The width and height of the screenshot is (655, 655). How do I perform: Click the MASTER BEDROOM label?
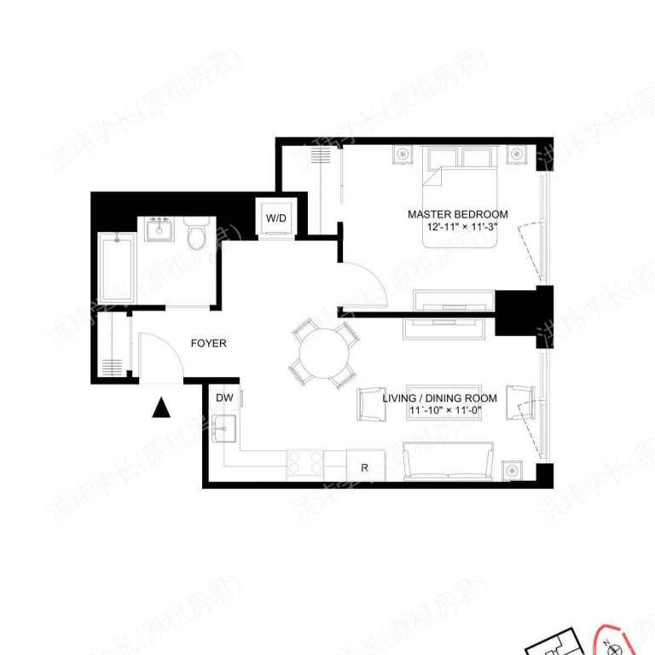point(457,214)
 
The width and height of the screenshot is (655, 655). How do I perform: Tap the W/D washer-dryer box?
point(276,218)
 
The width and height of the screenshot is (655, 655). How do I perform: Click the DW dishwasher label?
point(223,398)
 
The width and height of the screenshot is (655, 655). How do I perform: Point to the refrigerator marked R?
point(365,467)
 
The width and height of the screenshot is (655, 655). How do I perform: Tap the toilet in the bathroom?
point(197,233)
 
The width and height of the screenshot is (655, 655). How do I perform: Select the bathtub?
point(114,268)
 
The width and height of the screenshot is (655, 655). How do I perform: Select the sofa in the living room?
point(448,462)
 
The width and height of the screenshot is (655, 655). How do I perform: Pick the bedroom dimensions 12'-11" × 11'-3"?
point(457,228)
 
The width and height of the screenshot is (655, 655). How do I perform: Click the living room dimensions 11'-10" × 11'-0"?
point(452,411)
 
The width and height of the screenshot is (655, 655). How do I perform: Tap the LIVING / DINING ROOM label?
point(452,398)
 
